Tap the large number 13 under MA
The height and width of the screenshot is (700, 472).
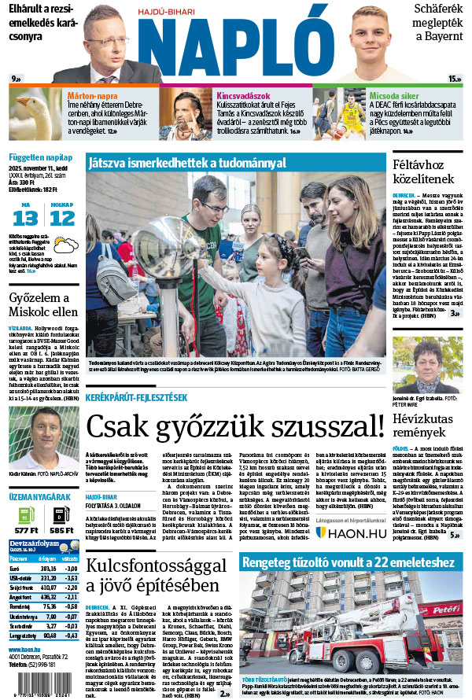[25, 217]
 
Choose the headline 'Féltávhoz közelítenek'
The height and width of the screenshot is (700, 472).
[426, 173]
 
